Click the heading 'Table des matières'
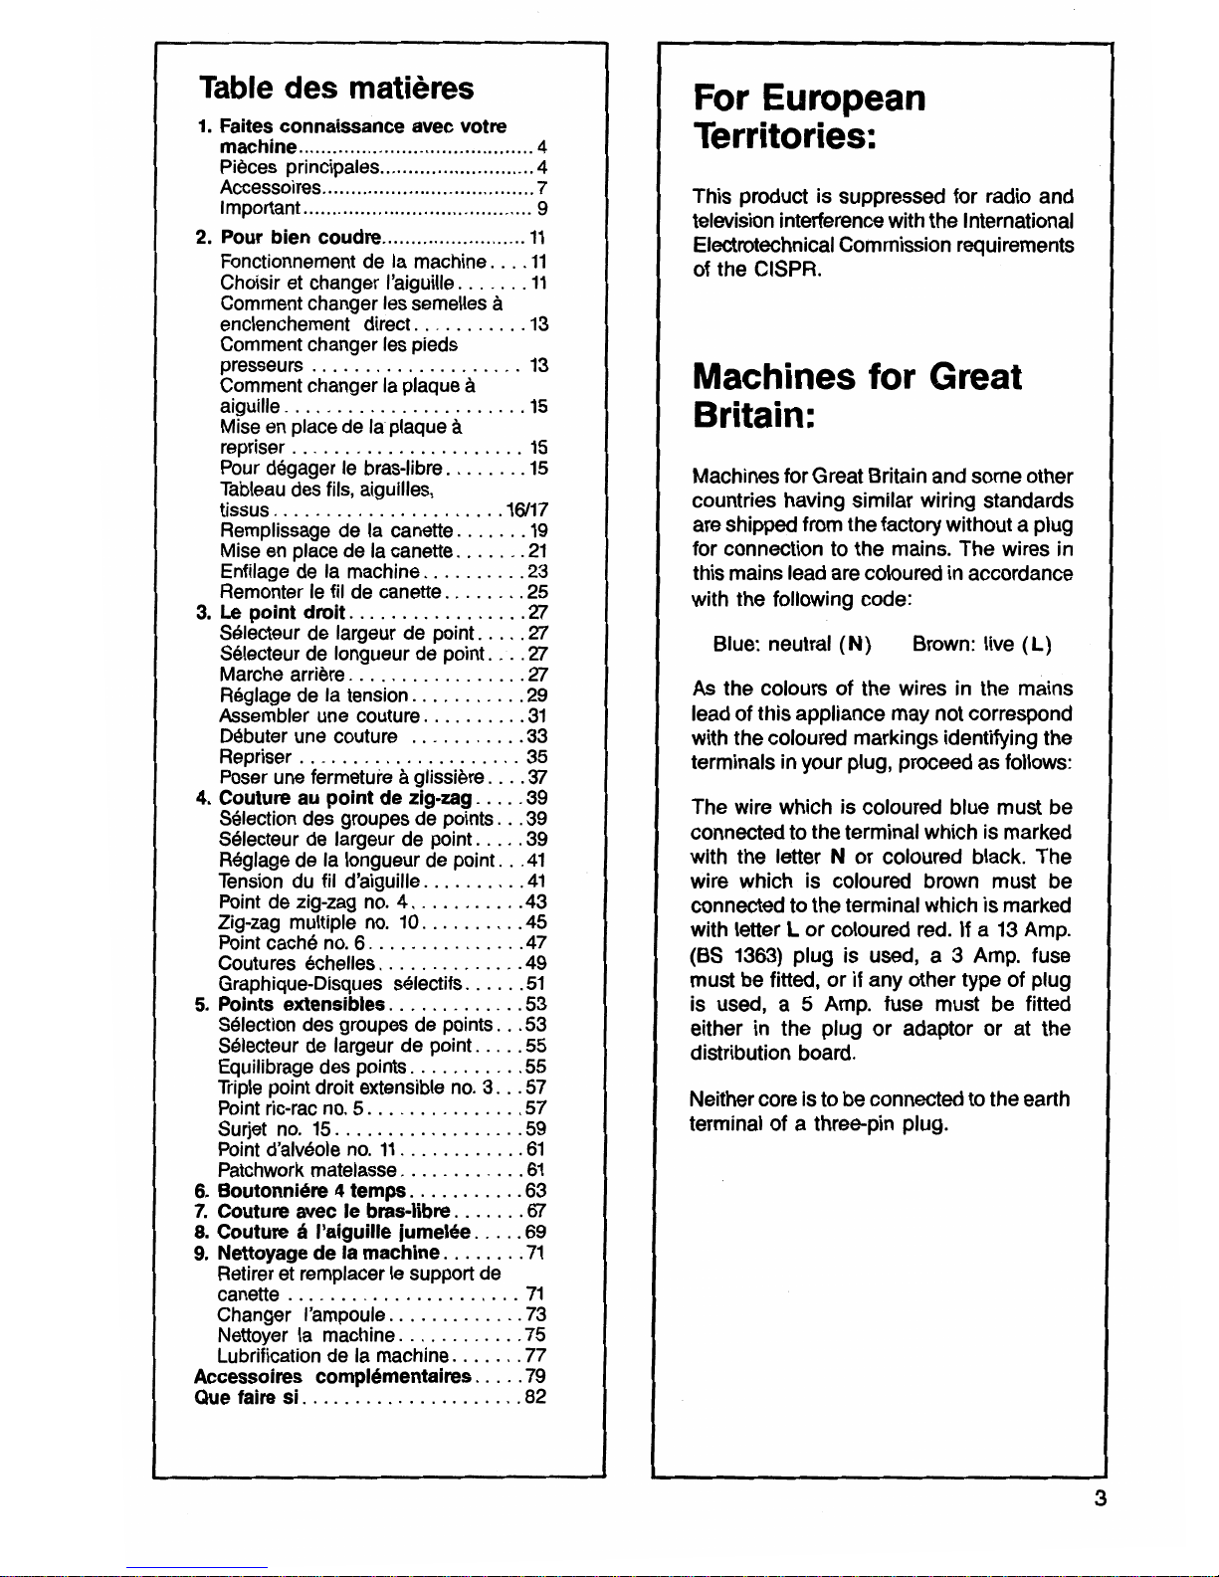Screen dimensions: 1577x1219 pyautogui.click(x=336, y=88)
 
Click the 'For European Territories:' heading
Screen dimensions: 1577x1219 pyautogui.click(x=809, y=115)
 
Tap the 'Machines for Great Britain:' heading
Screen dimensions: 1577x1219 pyautogui.click(x=857, y=394)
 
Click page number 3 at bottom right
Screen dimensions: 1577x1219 pyautogui.click(x=1100, y=1498)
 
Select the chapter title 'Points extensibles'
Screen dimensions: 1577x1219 pyautogui.click(x=301, y=1004)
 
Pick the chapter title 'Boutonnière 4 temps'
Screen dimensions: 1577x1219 pyautogui.click(x=310, y=1191)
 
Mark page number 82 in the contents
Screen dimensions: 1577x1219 pyautogui.click(x=535, y=1397)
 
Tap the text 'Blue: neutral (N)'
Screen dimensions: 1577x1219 pyautogui.click(x=792, y=644)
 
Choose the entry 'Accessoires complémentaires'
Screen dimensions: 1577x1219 pyautogui.click(x=331, y=1377)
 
